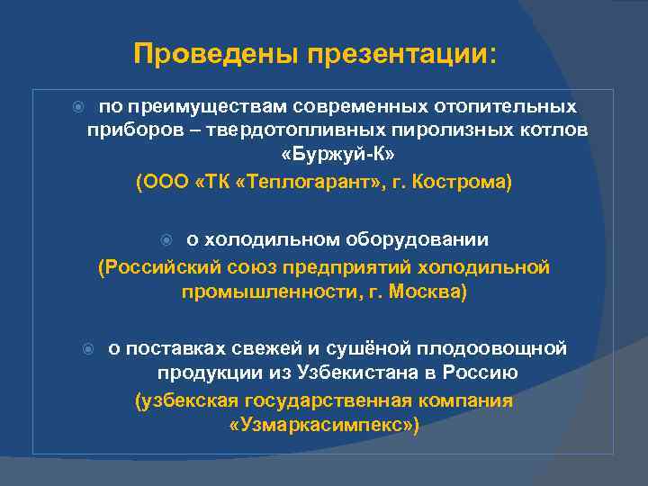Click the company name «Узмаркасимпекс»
tap(324, 425)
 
